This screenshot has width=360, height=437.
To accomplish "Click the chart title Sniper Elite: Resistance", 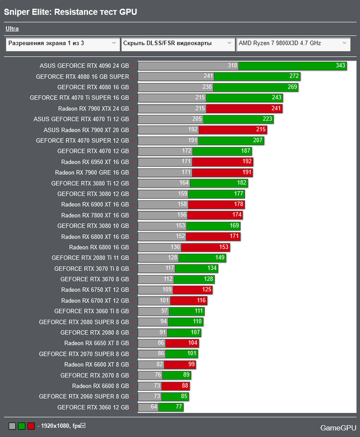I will click(70, 11).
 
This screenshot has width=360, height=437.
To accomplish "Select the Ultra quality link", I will click(13, 28).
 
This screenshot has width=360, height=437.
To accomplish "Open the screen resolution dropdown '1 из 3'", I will click(62, 43).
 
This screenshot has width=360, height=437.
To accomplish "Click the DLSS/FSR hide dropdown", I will click(177, 43).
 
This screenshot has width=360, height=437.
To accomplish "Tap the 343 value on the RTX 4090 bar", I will click(341, 66).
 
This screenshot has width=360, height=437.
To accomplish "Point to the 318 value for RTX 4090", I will click(232, 66).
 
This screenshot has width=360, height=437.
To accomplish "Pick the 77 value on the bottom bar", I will click(178, 408).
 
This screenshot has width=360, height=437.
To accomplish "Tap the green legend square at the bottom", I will click(22, 426).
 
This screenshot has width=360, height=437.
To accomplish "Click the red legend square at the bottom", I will click(31, 426).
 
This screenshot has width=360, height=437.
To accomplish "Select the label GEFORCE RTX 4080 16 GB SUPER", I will click(82, 76).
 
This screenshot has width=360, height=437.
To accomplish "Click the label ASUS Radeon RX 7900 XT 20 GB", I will click(86, 130).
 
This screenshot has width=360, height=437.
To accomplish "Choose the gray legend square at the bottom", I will click(13, 426).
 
